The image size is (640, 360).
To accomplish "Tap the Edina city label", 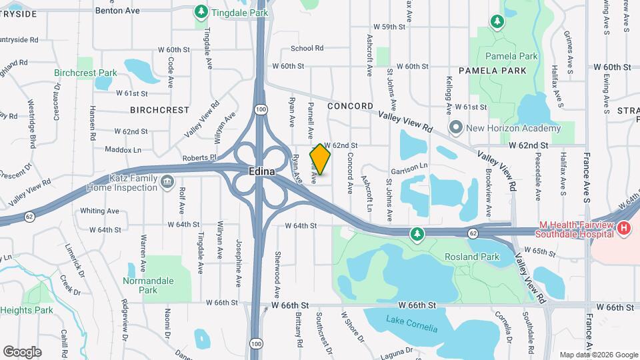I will [x=262, y=171].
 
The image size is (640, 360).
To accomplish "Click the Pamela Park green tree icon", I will [x=497, y=23].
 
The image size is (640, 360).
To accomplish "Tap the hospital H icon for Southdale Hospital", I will [x=624, y=228].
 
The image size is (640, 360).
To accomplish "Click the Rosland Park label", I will [x=463, y=257].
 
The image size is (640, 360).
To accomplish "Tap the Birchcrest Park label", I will [x=85, y=72].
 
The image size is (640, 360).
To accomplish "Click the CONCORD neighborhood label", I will [x=350, y=106].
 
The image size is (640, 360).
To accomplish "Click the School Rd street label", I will [x=307, y=48].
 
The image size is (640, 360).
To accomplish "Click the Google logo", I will [x=22, y=351].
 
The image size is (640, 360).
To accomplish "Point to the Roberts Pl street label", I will [x=200, y=158].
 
